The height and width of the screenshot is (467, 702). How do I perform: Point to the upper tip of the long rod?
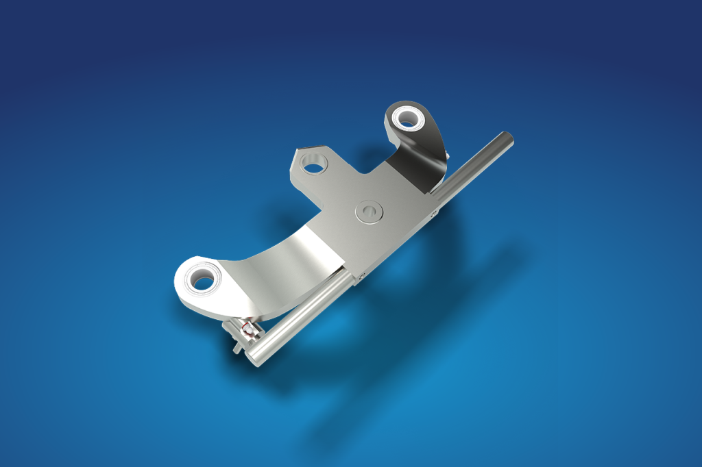(509, 137)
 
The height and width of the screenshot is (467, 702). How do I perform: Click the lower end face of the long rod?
(254, 358)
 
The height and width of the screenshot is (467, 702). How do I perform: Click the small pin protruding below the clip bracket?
(237, 350)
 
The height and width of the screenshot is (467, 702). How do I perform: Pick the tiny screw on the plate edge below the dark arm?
(433, 214)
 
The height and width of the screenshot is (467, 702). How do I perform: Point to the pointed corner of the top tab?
(296, 151)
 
